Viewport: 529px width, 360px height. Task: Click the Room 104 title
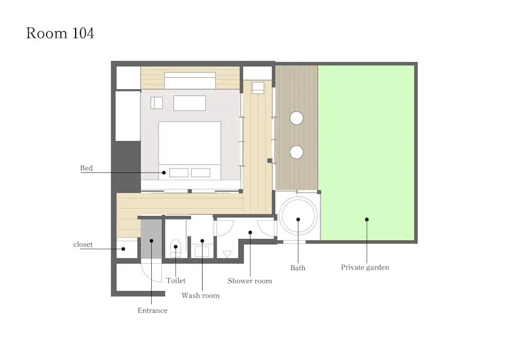click(60, 33)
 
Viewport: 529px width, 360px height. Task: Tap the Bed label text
click(86, 168)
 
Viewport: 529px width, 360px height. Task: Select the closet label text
click(83, 244)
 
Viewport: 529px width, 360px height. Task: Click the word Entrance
click(152, 310)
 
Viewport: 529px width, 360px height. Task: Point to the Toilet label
click(176, 281)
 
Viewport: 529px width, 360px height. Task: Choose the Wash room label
click(200, 296)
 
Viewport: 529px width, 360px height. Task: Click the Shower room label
click(250, 281)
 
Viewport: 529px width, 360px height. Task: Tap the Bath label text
click(298, 268)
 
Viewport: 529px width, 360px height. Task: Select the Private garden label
click(365, 267)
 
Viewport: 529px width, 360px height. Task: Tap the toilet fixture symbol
click(176, 248)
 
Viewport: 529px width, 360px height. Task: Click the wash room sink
click(202, 252)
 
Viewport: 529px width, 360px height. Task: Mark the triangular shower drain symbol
click(227, 254)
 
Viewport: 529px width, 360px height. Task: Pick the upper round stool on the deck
click(296, 118)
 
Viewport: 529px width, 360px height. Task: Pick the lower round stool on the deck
click(296, 152)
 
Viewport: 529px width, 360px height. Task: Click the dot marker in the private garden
click(367, 219)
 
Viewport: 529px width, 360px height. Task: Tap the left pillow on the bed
click(179, 172)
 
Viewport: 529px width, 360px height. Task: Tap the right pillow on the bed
click(200, 172)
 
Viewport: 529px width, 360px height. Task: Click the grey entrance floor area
click(151, 239)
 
